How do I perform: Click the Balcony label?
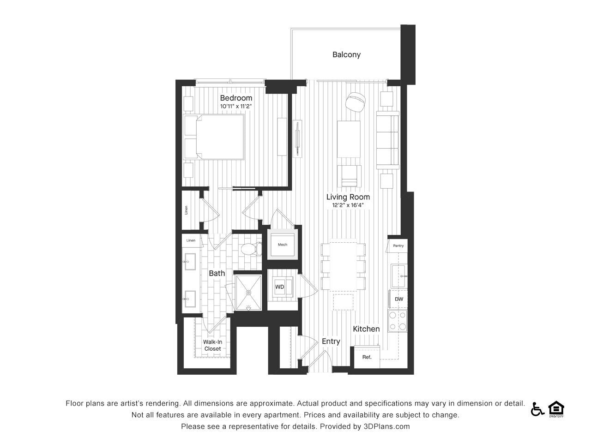[346, 54]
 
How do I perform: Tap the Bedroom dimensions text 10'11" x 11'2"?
[236, 106]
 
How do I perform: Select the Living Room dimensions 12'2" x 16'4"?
[348, 205]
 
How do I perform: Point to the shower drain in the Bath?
[248, 292]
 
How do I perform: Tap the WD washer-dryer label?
[279, 287]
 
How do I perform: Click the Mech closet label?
[283, 245]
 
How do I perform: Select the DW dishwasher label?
[399, 299]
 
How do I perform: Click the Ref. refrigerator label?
[367, 357]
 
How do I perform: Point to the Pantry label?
[398, 245]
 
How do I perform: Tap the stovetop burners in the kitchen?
[398, 321]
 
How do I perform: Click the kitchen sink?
[398, 276]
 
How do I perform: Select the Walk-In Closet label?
[212, 345]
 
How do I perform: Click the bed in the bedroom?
[214, 137]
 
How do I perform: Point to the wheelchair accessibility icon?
[537, 409]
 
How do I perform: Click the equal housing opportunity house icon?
[556, 408]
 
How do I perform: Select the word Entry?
[331, 341]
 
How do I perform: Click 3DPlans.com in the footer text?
[386, 426]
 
